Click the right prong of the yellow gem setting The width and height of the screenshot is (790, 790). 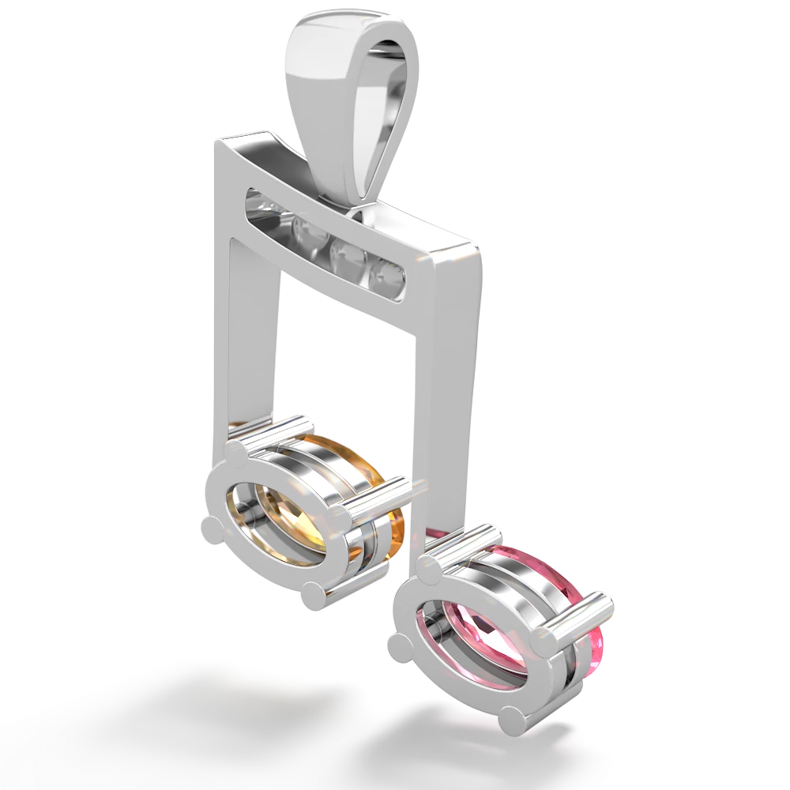point(341,517)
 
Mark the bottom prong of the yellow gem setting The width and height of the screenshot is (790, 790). point(315,594)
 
